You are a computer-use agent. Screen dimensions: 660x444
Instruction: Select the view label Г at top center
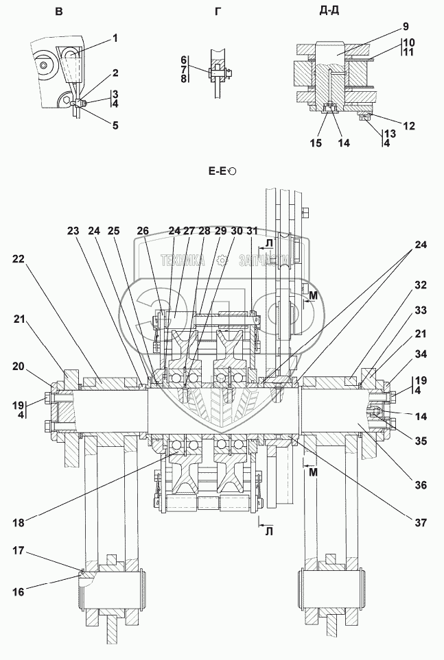[218, 12]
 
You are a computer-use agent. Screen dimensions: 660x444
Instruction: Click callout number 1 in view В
[115, 38]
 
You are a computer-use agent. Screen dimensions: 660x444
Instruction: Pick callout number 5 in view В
[115, 125]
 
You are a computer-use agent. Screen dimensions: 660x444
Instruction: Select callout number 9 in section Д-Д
[406, 27]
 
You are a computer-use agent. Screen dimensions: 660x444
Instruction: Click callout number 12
[409, 125]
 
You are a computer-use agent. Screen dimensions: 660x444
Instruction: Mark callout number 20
[19, 367]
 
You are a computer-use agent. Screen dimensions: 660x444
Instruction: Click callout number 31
[252, 231]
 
